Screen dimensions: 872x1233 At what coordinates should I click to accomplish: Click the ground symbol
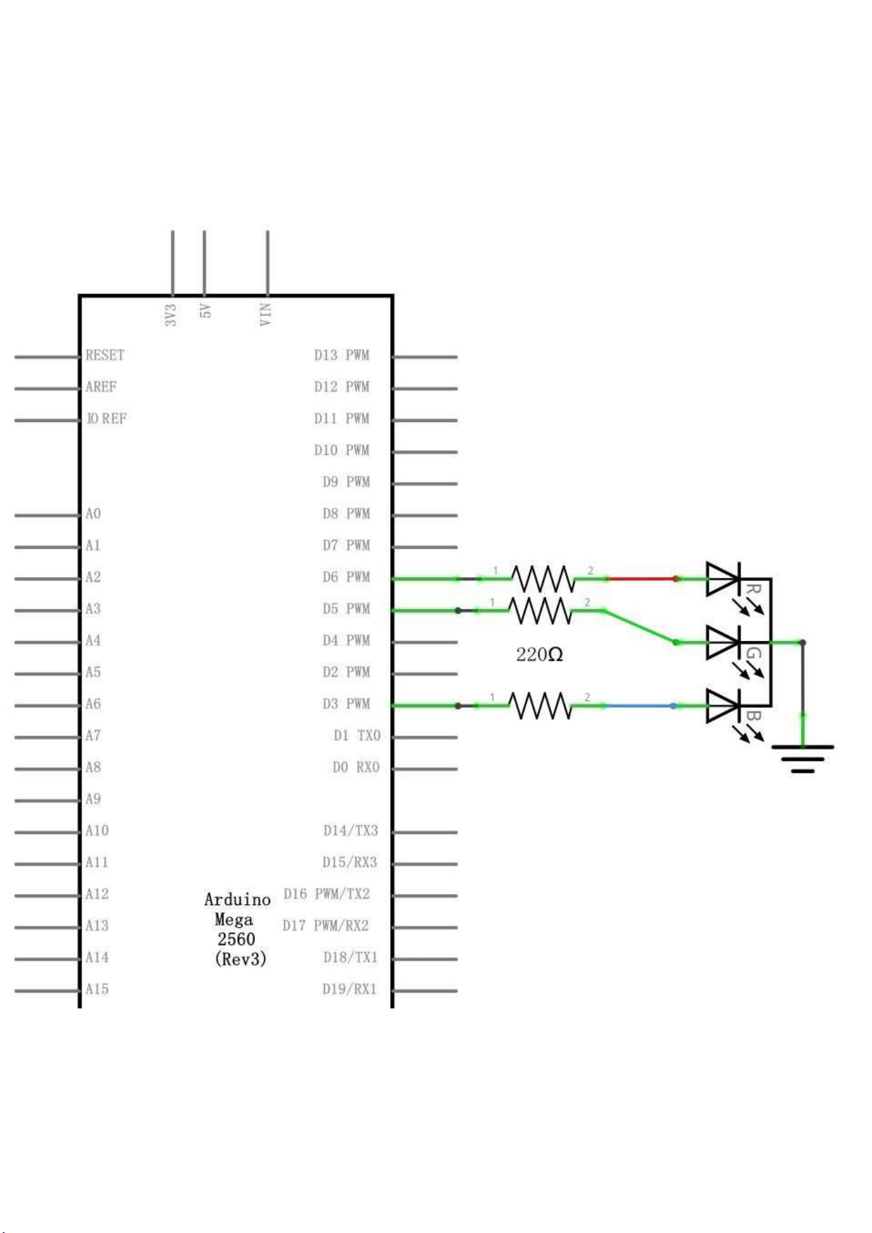802,758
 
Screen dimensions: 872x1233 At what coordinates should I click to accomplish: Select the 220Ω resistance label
539,655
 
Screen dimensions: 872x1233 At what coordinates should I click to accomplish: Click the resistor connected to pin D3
540,705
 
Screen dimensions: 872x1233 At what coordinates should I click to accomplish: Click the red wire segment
642,579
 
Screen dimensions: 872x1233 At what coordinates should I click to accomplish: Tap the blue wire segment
639,705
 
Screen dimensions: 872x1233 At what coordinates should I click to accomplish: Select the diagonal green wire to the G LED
640,626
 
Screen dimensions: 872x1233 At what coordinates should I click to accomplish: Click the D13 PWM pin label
342,356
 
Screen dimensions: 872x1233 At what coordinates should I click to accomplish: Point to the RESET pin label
105,356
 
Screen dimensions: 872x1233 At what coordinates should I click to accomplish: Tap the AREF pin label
101,387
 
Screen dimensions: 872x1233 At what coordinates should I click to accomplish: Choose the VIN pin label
265,314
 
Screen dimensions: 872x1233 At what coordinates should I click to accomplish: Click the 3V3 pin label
171,315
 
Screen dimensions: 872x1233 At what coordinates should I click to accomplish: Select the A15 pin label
97,989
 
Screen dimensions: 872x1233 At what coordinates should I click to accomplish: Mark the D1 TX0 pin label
357,736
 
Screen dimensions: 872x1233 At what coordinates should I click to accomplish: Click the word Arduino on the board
237,900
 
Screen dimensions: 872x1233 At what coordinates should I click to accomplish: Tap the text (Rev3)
241,959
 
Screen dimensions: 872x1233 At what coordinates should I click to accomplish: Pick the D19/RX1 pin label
350,989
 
